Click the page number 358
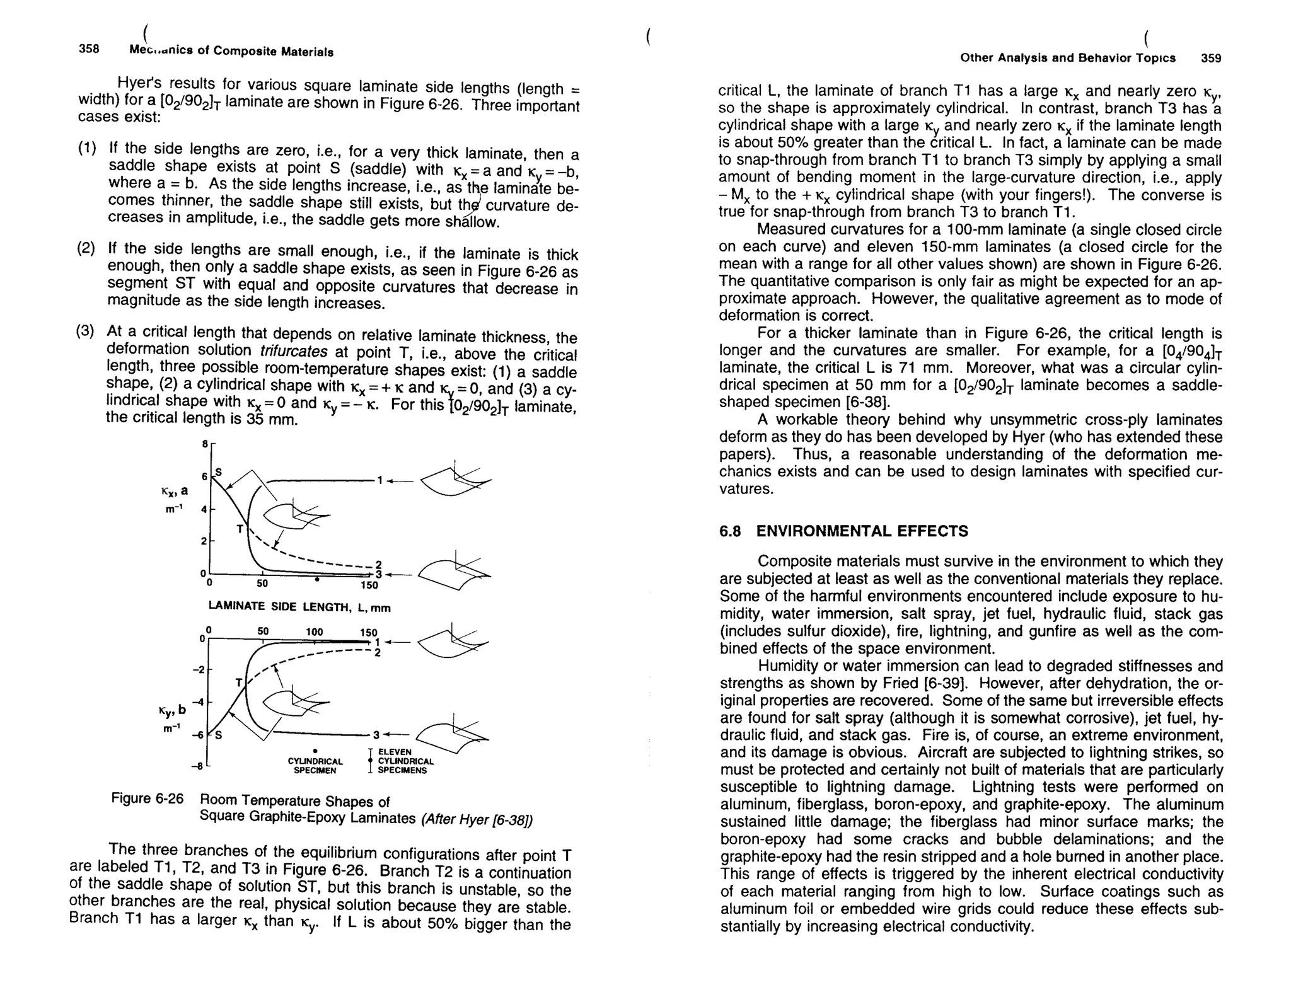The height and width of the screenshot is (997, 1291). [x=89, y=49]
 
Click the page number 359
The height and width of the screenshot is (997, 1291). [x=1211, y=59]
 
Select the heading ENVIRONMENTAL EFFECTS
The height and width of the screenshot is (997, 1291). [x=862, y=531]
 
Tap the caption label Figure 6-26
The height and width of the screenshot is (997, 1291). [x=147, y=798]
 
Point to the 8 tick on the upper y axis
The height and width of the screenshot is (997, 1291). [x=205, y=444]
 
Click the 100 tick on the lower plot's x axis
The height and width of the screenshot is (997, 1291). [x=315, y=631]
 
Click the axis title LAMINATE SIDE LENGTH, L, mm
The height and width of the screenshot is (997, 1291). [x=299, y=607]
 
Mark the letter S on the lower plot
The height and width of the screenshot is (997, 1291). [x=219, y=735]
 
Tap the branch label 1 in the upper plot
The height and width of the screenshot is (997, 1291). [x=379, y=480]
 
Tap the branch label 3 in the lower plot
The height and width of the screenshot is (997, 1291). [x=376, y=735]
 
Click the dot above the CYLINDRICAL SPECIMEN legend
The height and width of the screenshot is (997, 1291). [x=315, y=751]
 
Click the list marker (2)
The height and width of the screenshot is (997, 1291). [x=86, y=247]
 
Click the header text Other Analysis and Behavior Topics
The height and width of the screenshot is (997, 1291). [x=1067, y=58]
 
